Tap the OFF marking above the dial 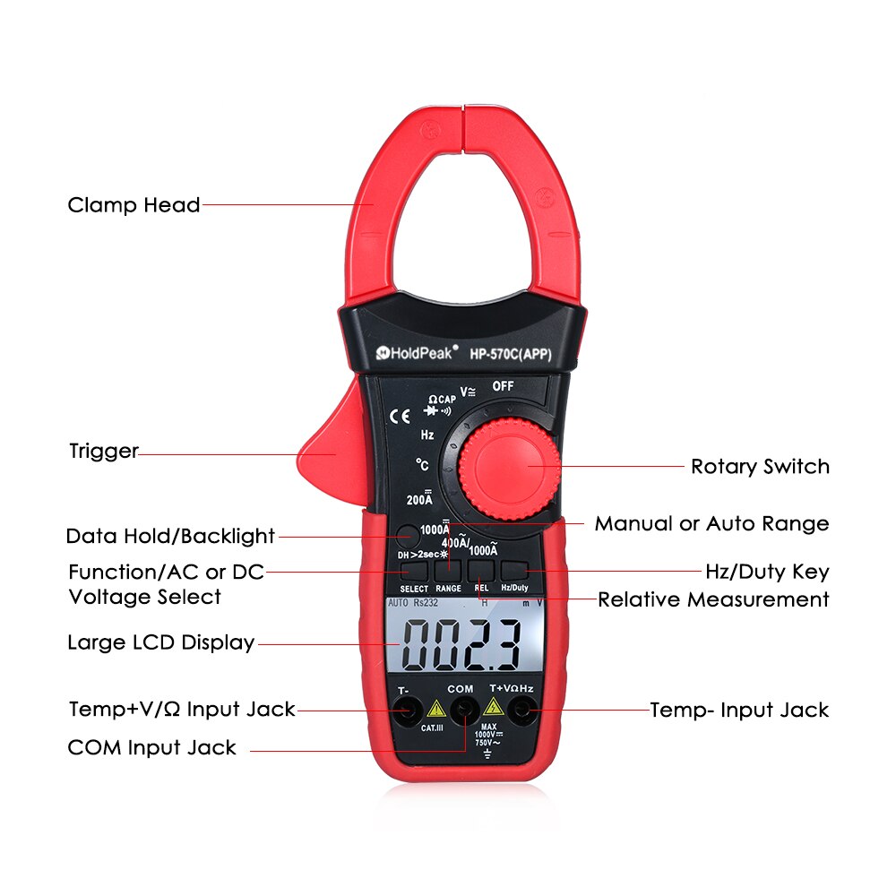coord(503,386)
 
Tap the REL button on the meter coord(481,570)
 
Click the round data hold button coord(407,535)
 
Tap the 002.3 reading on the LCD coord(462,644)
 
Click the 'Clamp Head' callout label coord(134,205)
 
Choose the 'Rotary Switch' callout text coord(760,467)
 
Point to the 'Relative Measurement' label coord(713,599)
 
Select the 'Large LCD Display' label coord(160,642)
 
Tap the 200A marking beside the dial coord(419,499)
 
